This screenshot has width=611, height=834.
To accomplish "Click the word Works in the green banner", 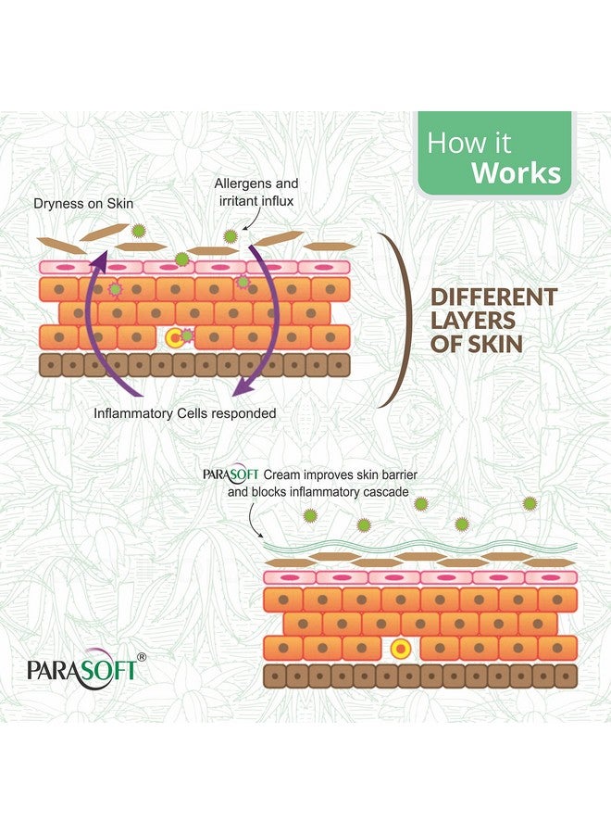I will tap(516, 173).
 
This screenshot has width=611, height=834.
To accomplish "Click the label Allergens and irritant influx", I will tap(256, 193).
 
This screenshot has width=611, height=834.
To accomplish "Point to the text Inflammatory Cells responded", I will tap(185, 412).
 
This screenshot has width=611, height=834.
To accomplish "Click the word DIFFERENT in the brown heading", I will tap(494, 297).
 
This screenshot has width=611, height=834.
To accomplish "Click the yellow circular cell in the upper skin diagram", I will tap(174, 337).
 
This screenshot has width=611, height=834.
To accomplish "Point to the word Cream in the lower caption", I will tap(282, 475).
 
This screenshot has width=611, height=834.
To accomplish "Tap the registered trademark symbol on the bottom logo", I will tap(141, 656).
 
